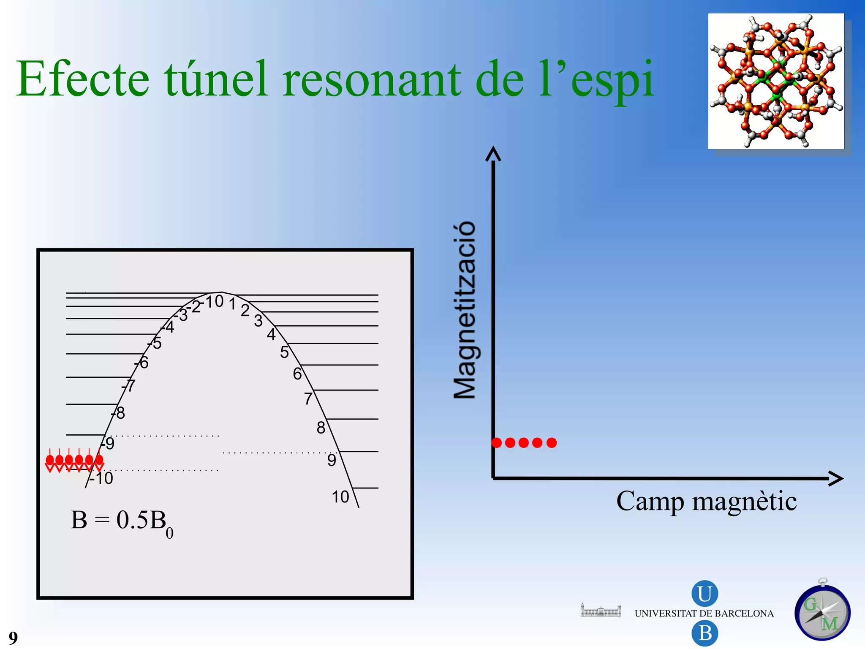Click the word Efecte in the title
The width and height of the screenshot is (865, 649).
coord(83,79)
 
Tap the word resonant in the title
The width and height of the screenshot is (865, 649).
coord(372,79)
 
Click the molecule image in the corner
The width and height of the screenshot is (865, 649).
coord(776,81)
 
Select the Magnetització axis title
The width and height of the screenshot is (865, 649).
coord(465,310)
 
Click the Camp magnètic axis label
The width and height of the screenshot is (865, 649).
coord(706,501)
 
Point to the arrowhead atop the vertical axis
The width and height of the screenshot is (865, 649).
coord(493,154)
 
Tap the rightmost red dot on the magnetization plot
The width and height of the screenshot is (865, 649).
coord(552,443)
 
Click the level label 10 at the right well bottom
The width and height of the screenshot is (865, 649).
coord(340,497)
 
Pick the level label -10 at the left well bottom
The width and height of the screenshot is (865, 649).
coord(101,479)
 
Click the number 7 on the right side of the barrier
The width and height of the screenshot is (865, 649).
coord(308,399)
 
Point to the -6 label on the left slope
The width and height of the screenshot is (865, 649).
coord(142,363)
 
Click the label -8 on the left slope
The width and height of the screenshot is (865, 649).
coord(118,413)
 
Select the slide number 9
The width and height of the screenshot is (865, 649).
coord(13,638)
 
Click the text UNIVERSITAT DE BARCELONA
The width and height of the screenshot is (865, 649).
coord(704,614)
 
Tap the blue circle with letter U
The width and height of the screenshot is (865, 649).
coord(705,594)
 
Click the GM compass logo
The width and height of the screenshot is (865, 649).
coord(822,612)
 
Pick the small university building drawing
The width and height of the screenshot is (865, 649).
coord(601,610)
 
